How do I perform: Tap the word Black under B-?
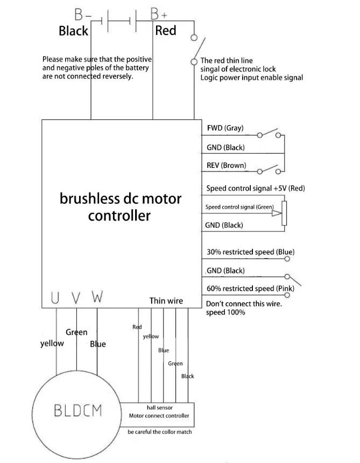73,31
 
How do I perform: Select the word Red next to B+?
165,31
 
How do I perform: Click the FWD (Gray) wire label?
225,128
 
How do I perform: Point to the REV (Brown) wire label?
226,165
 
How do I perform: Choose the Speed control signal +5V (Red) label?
256,189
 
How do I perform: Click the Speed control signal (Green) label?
239,207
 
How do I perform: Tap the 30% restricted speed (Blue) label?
250,252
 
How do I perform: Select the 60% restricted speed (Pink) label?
250,289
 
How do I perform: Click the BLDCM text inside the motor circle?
78,411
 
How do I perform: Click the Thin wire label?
166,301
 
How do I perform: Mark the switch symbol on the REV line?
270,169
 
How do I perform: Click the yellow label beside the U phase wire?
52,344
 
